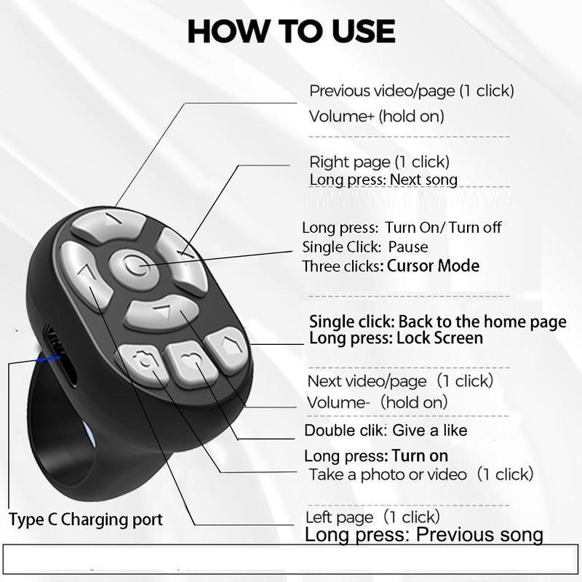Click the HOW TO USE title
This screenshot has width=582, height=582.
tap(291, 31)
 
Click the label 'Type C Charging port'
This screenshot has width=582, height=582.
tap(86, 519)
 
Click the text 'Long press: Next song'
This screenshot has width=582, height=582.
tap(383, 179)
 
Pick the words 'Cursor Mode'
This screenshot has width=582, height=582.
tap(433, 266)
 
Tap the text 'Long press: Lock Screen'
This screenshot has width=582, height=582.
tap(396, 338)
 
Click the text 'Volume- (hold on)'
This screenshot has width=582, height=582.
tap(377, 402)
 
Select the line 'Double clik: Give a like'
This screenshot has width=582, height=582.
tap(386, 430)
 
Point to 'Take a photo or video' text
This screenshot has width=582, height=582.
tap(388, 474)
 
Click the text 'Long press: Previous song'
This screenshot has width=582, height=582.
tap(423, 535)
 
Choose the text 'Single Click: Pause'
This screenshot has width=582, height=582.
tap(364, 247)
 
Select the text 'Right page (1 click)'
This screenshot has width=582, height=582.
tap(379, 162)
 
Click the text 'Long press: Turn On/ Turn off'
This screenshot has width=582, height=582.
tap(402, 228)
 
